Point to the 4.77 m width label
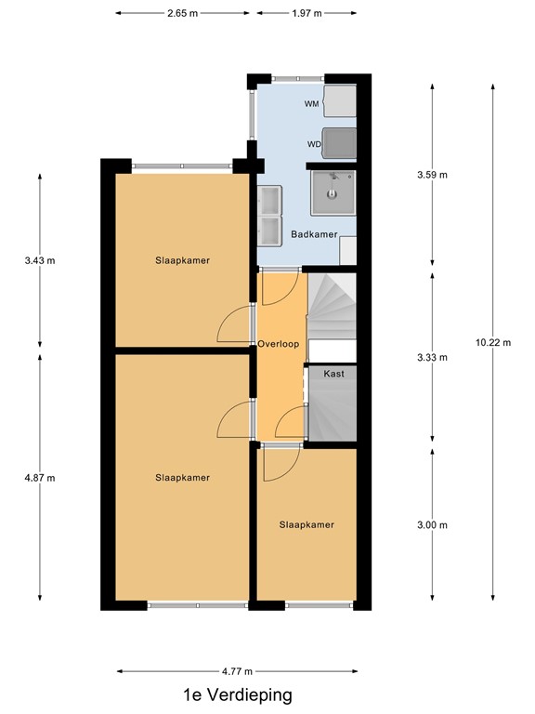pyautogui.click(x=238, y=669)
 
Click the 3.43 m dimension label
pyautogui.click(x=39, y=260)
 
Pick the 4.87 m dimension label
pyautogui.click(x=39, y=478)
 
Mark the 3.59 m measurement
pyautogui.click(x=432, y=175)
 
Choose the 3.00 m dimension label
pyautogui.click(x=432, y=525)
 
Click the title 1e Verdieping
pyautogui.click(x=238, y=694)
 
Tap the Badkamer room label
pyautogui.click(x=313, y=235)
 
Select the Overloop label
pyautogui.click(x=279, y=344)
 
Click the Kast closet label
pyautogui.click(x=333, y=374)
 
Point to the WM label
pyautogui.click(x=311, y=104)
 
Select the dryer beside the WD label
pyautogui.click(x=339, y=142)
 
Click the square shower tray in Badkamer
pyautogui.click(x=331, y=192)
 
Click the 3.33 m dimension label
pyautogui.click(x=432, y=358)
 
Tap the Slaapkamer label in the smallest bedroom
pyautogui.click(x=307, y=525)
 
